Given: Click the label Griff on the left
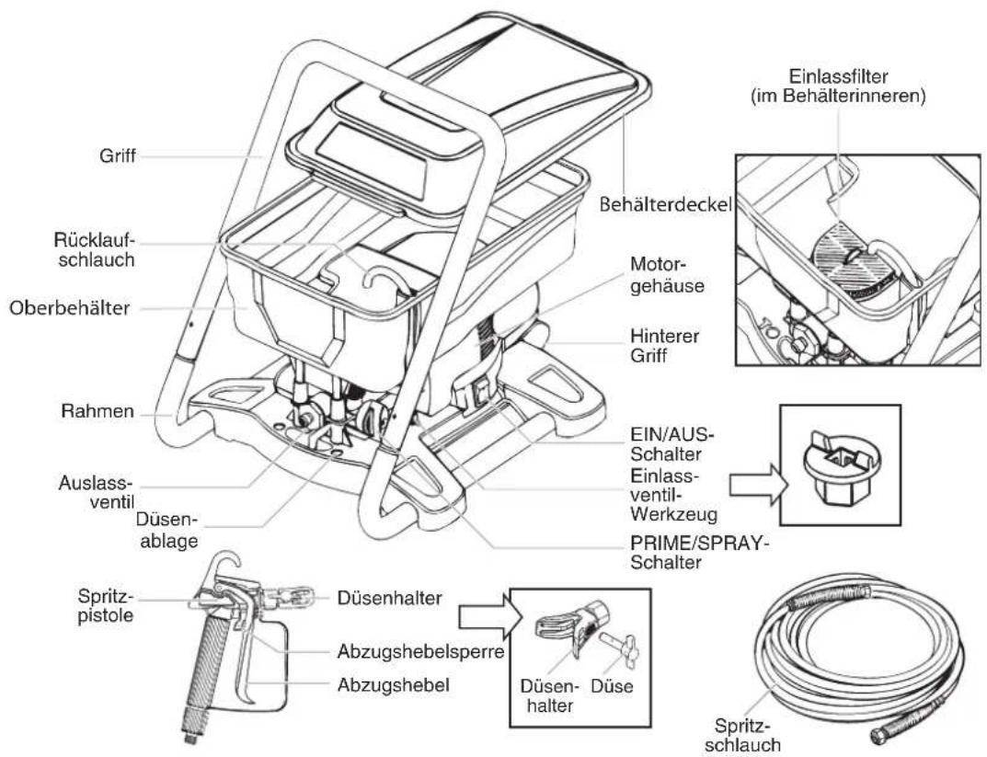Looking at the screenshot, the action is (x=117, y=155).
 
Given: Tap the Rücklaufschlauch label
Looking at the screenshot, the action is (x=95, y=250).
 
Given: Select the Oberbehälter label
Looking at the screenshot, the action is (x=69, y=308).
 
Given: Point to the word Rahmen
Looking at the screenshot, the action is (x=98, y=411).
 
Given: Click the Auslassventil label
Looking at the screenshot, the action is (x=97, y=493).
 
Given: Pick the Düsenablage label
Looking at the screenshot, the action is (x=167, y=530).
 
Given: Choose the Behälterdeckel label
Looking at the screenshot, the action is (x=665, y=204).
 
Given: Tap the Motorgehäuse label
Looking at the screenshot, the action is (x=667, y=274).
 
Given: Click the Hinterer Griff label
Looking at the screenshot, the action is (x=665, y=346).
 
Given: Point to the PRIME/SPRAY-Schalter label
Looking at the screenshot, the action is (x=700, y=553).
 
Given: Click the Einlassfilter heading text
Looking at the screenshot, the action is (x=839, y=86).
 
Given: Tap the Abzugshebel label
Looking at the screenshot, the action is (x=394, y=684).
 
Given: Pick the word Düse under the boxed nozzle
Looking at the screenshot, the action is (x=612, y=686).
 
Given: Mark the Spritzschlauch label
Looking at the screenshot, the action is (x=742, y=735).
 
